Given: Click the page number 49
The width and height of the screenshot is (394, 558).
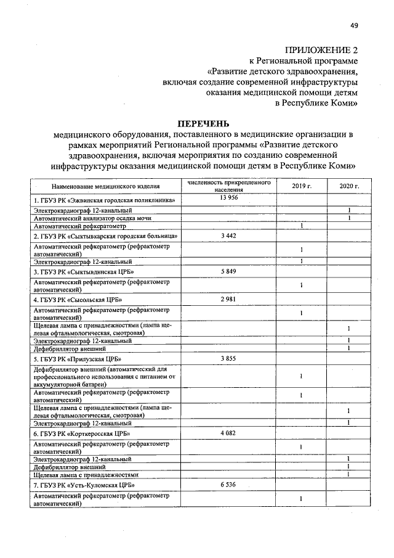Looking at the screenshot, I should coord(354,25).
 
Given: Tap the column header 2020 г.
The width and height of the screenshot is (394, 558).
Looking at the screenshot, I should coord(349,186).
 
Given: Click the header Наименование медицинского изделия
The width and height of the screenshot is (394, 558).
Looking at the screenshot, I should coord(106,186).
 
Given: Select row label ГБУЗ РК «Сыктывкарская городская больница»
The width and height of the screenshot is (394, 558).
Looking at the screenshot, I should coord(106,236).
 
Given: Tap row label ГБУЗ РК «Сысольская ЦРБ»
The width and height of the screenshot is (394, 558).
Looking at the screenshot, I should coord(78,300).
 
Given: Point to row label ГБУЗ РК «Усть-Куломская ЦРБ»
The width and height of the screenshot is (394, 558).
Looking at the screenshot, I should coord(84,486).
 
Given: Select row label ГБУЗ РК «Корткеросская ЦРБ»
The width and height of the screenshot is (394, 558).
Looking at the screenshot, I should coord(83,434).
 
